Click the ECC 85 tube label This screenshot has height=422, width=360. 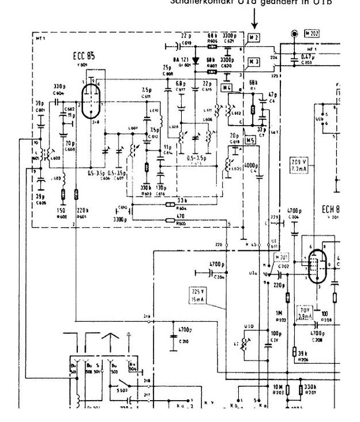click(84, 56)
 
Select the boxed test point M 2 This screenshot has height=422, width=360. click(254, 38)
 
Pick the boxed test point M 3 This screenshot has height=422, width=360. click(254, 61)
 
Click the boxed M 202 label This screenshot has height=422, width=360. click(312, 33)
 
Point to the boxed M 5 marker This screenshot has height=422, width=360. click(250, 140)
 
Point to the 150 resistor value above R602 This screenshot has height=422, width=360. click(61, 211)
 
